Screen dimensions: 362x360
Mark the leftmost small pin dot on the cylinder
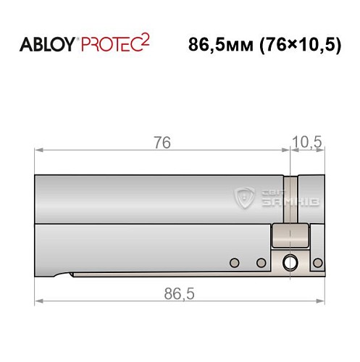point(233,262)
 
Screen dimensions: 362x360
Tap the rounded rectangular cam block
point(290,236)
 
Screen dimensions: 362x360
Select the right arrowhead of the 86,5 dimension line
point(321,300)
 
